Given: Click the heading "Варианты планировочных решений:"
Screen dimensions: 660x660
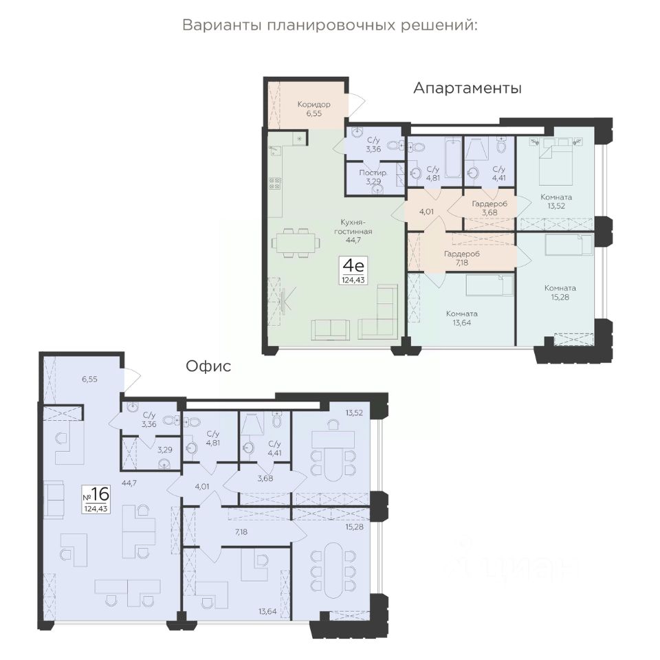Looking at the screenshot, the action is click(x=330, y=25).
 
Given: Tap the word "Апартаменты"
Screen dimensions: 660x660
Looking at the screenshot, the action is click(x=467, y=89).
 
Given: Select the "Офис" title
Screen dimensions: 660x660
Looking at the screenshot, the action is click(x=208, y=366).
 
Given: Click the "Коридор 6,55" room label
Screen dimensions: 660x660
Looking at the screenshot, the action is click(x=314, y=109).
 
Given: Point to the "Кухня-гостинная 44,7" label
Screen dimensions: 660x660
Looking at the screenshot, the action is click(x=353, y=231).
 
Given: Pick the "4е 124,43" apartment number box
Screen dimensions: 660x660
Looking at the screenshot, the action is click(x=353, y=271).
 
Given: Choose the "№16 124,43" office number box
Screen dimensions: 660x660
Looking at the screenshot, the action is click(x=96, y=499).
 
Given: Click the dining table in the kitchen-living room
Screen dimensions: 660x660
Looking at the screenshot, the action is click(x=296, y=243).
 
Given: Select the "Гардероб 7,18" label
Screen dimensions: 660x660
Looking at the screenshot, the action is click(x=462, y=258).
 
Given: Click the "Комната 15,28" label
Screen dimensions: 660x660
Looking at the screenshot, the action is click(x=560, y=293).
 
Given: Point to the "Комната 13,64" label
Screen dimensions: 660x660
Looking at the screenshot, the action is click(x=462, y=318).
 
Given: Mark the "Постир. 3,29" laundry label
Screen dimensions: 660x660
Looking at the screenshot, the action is click(x=373, y=177).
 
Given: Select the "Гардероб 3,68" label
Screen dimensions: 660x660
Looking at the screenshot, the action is click(x=489, y=208).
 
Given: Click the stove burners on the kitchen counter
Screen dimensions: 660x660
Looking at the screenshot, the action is click(x=275, y=184).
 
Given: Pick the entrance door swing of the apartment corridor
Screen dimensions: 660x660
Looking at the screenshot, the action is click(x=356, y=102).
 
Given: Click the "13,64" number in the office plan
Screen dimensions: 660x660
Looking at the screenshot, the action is click(x=267, y=611).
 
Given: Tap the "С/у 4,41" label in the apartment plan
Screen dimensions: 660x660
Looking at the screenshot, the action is click(x=499, y=173).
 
